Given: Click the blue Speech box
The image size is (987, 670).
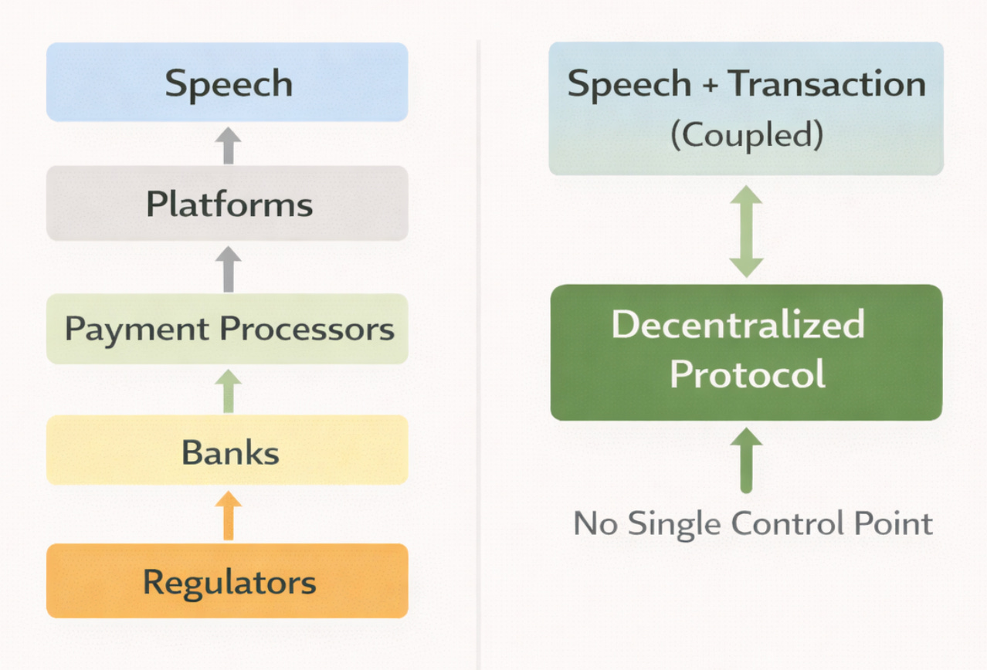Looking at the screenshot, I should (227, 83).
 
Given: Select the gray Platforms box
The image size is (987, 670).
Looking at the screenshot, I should (227, 204).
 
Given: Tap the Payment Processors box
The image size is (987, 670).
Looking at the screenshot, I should (227, 329).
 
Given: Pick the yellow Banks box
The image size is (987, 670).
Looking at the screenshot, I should (227, 451).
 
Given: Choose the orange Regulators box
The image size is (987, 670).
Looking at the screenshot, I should (227, 580).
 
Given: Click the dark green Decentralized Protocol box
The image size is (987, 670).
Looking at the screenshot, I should (746, 352).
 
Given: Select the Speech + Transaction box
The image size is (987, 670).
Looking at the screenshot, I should (746, 108).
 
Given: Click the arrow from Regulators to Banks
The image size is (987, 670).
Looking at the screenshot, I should (228, 516).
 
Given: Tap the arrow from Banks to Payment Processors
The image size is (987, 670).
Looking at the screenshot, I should (228, 391).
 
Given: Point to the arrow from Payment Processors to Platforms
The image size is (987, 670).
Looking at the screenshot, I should (228, 269).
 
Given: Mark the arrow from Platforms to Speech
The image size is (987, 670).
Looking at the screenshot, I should (228, 145).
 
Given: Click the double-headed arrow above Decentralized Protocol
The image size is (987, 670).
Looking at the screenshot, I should (746, 231).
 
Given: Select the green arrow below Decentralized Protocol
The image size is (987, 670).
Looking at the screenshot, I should (746, 460).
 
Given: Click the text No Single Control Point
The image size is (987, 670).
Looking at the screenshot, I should (753, 524).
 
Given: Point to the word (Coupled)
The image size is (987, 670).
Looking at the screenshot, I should (746, 136).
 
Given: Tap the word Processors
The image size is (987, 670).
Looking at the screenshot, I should (307, 330).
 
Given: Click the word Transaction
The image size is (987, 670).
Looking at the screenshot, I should (826, 83).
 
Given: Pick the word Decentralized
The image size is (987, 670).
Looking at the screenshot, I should (738, 324).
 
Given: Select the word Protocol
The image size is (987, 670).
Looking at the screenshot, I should (747, 374).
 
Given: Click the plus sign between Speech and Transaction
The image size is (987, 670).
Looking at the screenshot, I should (709, 84).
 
